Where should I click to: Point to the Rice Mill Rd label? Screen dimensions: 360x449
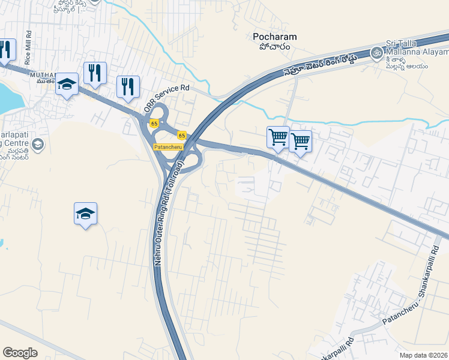pos(28,53)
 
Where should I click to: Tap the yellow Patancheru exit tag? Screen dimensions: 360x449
pos(168,147)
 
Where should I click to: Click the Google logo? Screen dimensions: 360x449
pos(20,353)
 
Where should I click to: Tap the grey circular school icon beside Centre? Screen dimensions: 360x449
pos(38,145)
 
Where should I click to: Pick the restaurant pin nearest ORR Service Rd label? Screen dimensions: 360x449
pos(128,87)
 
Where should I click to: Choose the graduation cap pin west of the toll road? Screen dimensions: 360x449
pos(85,214)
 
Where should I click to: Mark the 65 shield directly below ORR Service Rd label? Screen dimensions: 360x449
pos(155,124)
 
